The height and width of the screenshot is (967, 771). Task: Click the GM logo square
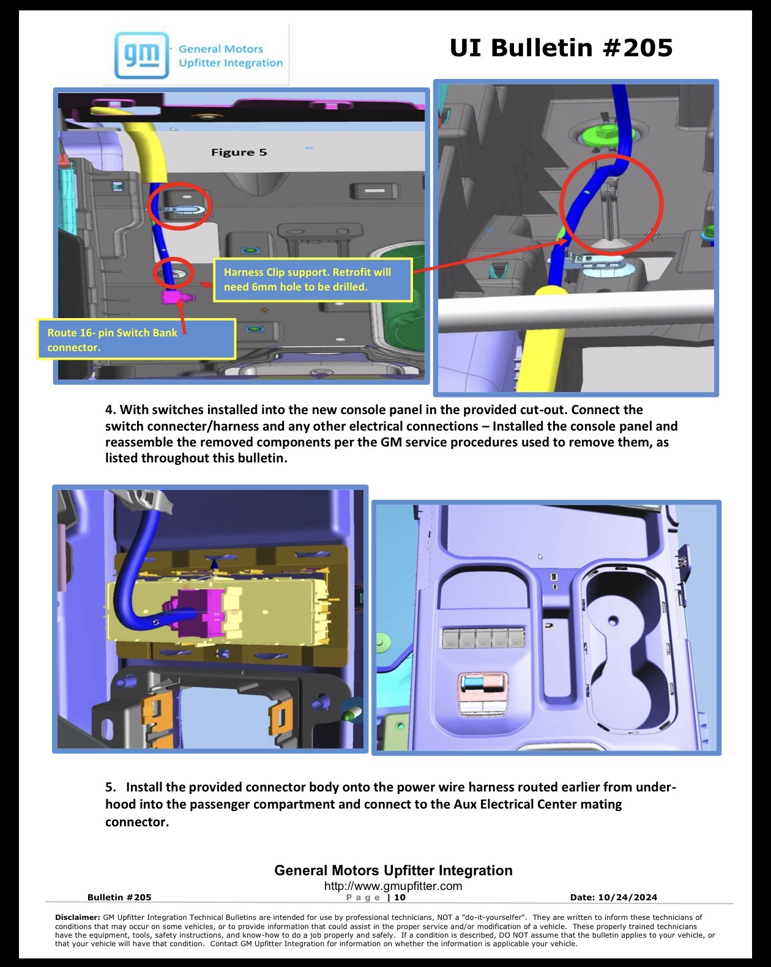tap(141, 55)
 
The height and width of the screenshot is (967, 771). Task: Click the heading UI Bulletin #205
tap(561, 48)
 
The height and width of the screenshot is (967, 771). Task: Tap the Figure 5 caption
tap(239, 152)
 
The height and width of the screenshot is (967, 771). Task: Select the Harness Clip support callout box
tap(313, 280)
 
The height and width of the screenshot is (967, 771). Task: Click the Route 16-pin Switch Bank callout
tap(136, 339)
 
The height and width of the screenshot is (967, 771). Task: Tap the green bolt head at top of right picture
tap(605, 135)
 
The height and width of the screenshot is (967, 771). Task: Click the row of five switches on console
tap(483, 637)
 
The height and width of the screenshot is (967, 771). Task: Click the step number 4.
tap(110, 410)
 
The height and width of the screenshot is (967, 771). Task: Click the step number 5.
tap(110, 787)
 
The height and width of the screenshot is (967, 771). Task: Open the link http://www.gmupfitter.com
tap(393, 886)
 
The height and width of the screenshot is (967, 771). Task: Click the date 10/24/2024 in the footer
tap(627, 897)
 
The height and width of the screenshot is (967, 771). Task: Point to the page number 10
tap(400, 897)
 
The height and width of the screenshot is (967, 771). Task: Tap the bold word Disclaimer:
tap(77, 917)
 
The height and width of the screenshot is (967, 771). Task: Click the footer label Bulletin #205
tap(119, 897)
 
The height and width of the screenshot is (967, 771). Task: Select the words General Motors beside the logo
tap(221, 49)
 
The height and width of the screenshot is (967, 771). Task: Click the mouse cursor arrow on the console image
tap(540, 557)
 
